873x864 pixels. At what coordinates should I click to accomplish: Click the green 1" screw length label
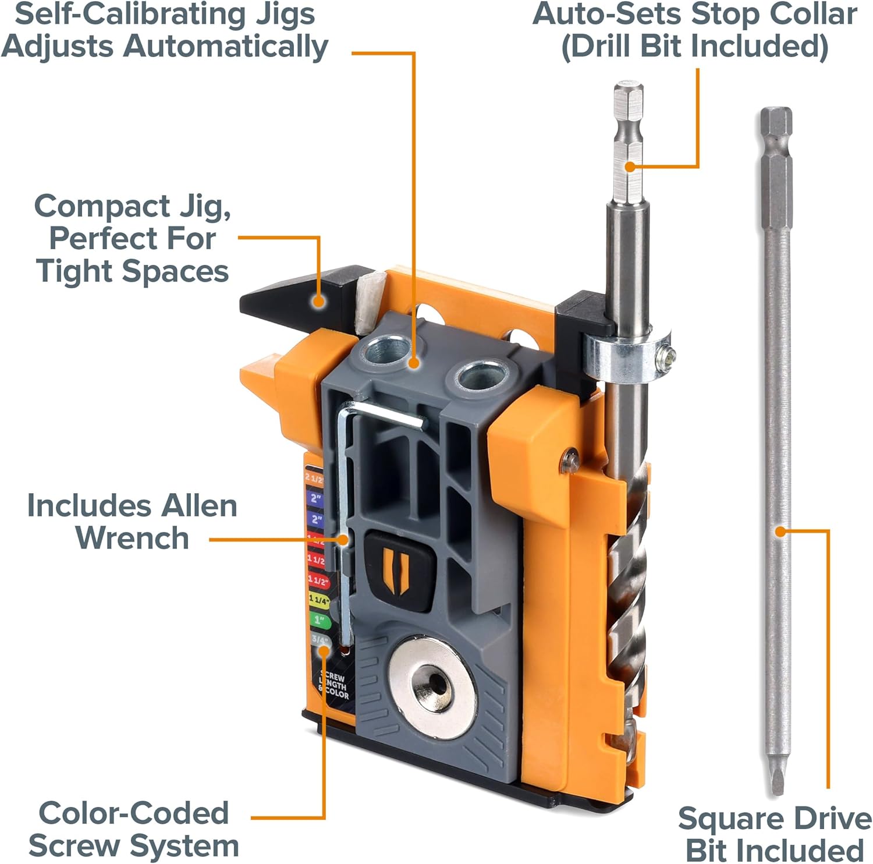tap(318, 620)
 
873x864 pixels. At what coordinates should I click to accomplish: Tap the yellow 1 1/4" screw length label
tap(318, 600)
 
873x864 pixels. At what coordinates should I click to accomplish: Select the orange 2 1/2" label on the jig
tap(314, 479)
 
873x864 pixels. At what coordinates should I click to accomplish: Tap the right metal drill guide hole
tap(480, 377)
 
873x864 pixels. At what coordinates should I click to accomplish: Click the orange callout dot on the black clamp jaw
tap(318, 300)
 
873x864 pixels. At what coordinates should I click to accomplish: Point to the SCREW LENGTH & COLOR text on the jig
tap(334, 686)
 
